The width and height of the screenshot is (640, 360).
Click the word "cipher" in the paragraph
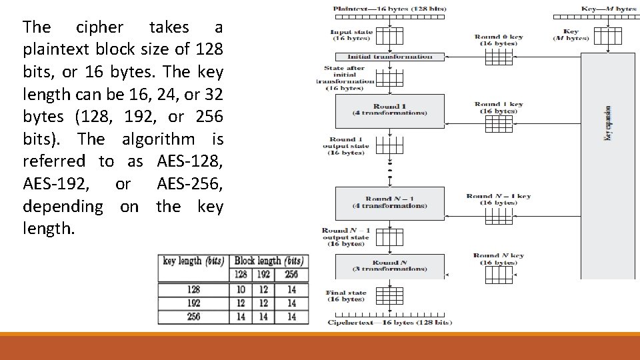(100, 27)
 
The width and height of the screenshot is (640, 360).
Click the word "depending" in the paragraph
(63, 206)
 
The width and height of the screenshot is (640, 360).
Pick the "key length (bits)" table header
(193, 261)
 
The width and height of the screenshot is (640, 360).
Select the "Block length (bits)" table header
(269, 261)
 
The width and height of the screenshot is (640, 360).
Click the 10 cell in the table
(241, 289)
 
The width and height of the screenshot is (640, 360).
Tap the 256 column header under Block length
(291, 274)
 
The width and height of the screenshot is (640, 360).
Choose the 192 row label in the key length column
(193, 303)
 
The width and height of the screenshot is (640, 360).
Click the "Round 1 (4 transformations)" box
(390, 109)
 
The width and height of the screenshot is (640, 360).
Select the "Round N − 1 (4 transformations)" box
(390, 202)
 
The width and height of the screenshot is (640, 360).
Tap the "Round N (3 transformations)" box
(390, 265)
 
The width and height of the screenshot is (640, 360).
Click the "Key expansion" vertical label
(607, 123)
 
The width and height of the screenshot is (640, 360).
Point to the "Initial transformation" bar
(390, 57)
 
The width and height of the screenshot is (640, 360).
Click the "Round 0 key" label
(499, 37)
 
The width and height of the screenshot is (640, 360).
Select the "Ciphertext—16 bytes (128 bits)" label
(390, 323)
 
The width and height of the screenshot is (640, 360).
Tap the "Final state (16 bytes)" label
(346, 295)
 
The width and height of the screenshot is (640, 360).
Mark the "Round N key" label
(499, 255)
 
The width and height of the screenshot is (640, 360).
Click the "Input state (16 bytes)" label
(351, 35)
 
